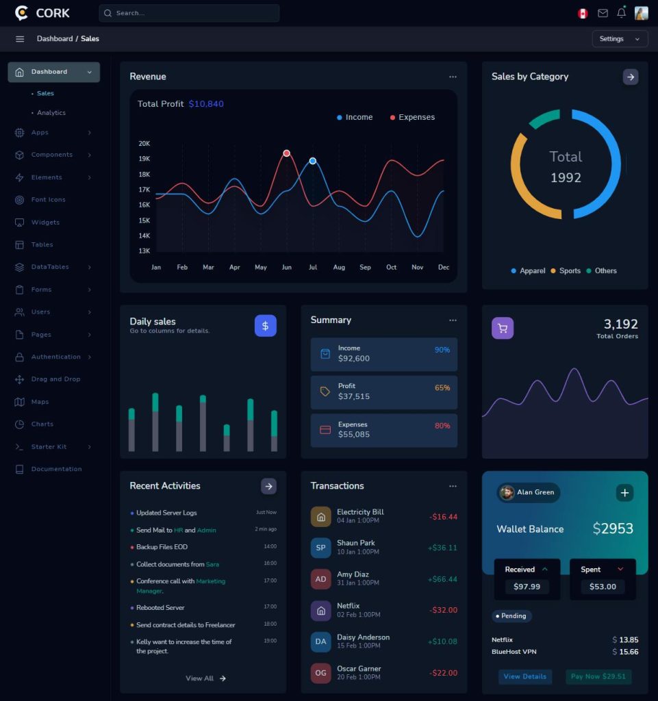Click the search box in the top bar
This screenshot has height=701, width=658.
pyautogui.click(x=188, y=13)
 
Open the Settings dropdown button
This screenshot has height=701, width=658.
pyautogui.click(x=619, y=39)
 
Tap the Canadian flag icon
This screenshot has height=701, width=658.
pyautogui.click(x=583, y=13)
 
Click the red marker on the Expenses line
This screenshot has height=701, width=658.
pyautogui.click(x=286, y=153)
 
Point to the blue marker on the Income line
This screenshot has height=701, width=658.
pyautogui.click(x=312, y=161)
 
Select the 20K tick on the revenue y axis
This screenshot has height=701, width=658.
pyautogui.click(x=144, y=144)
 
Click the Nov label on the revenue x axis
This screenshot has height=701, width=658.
pyautogui.click(x=417, y=267)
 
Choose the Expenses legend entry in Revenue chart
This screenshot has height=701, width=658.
pyautogui.click(x=412, y=118)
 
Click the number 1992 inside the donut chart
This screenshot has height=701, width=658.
pyautogui.click(x=566, y=178)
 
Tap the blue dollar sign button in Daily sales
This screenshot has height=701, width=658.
pyautogui.click(x=266, y=326)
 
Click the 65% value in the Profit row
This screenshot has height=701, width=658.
pyautogui.click(x=442, y=388)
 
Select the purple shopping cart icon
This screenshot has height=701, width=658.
pyautogui.click(x=503, y=328)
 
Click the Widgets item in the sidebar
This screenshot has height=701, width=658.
pyautogui.click(x=45, y=222)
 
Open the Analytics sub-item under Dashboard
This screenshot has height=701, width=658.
pyautogui.click(x=51, y=113)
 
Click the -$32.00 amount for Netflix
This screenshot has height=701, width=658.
pyautogui.click(x=442, y=610)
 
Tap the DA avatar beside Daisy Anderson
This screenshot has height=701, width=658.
pyautogui.click(x=320, y=641)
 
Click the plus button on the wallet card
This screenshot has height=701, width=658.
pyautogui.click(x=624, y=492)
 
